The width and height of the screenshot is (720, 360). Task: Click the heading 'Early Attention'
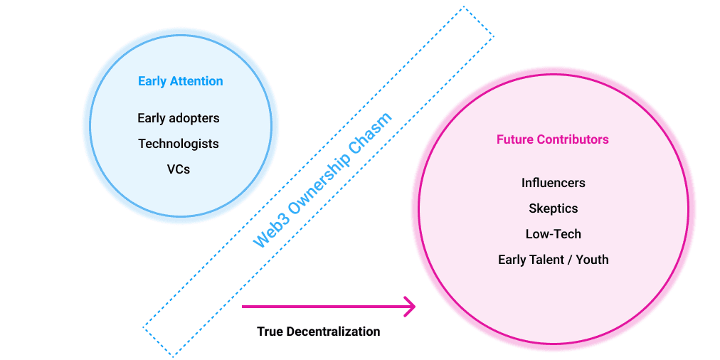point(181,81)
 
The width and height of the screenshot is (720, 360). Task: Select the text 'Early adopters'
point(179,119)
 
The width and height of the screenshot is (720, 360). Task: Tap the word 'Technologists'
point(179,144)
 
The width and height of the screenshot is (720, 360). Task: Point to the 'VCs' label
point(179,169)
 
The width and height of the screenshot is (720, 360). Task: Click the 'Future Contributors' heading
point(553,139)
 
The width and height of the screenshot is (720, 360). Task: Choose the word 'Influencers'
point(554,183)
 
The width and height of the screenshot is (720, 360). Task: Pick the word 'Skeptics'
point(554,209)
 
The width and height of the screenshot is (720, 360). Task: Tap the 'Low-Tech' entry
point(554,234)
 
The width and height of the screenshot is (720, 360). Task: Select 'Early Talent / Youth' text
point(554,260)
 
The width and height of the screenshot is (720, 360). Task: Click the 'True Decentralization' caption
point(319,332)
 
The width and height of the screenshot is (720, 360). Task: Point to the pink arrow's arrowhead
point(408,306)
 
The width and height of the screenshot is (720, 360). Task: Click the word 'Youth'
point(593,260)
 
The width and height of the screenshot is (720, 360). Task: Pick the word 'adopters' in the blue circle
point(195,120)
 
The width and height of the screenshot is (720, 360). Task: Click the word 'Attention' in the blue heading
point(196,81)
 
